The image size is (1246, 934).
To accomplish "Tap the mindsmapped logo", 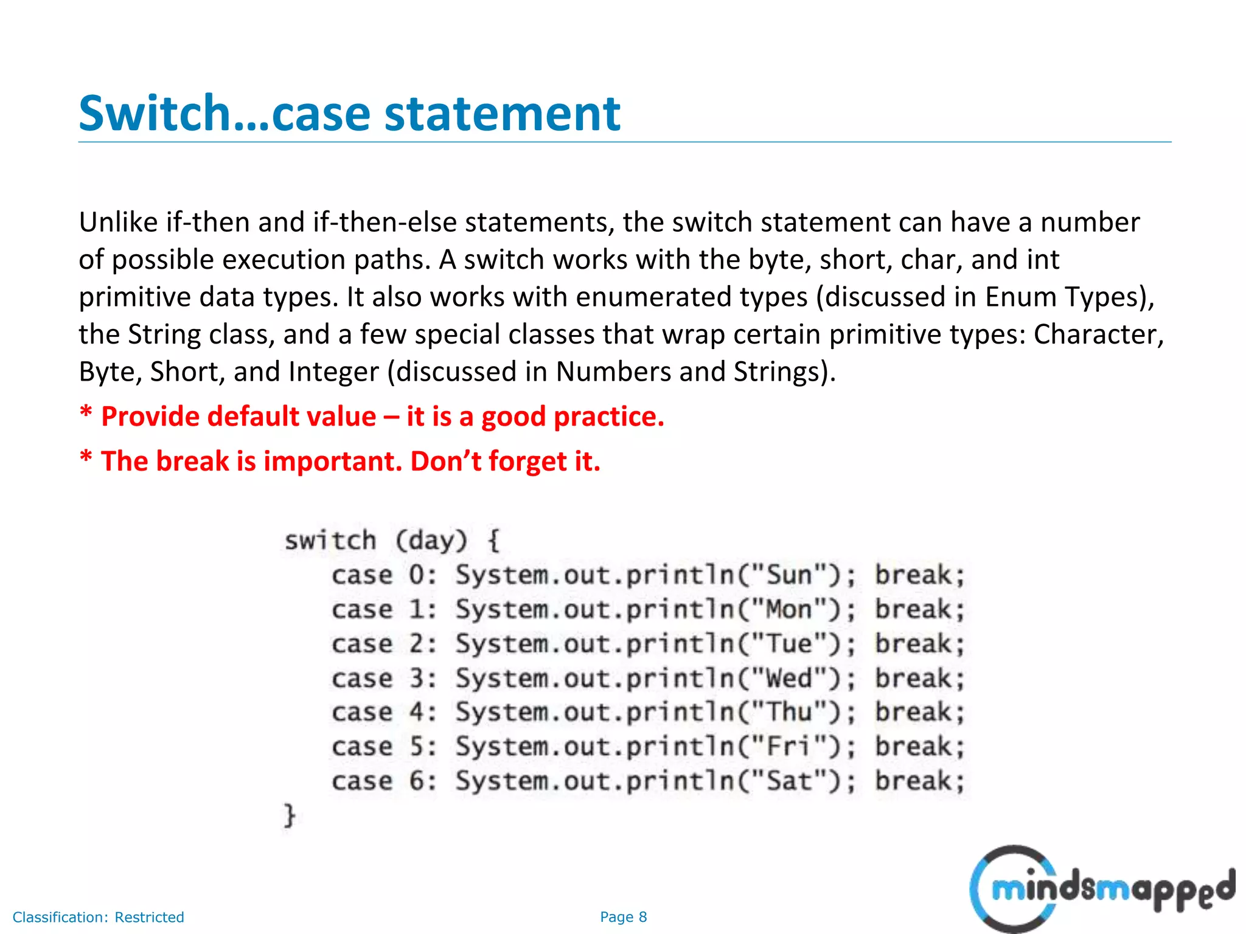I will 1101,889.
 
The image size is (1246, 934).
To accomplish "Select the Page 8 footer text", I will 623,917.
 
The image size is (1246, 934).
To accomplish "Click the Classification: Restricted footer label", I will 98,917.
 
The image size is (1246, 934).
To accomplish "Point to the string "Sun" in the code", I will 789,575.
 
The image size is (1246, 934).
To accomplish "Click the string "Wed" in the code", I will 789,678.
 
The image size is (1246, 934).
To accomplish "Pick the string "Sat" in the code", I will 789,781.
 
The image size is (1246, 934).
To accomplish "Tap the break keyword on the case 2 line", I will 919,644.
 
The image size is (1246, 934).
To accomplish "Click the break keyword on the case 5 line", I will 919,747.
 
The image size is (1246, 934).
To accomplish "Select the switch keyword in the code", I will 330,540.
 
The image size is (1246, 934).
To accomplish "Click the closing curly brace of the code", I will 290,815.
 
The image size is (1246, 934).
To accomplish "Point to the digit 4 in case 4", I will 417,712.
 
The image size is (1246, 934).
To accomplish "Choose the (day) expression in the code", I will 431,540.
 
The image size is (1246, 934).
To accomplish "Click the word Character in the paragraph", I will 1098,334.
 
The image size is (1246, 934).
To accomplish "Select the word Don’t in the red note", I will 445,461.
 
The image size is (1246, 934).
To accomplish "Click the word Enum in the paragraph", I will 1021,297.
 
